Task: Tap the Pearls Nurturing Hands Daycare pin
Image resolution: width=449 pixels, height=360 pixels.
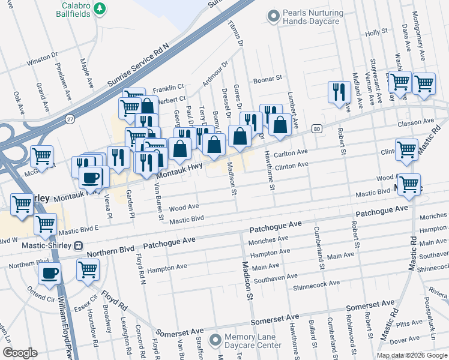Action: (274, 17)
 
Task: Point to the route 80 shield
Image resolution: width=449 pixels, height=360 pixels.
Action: (317, 129)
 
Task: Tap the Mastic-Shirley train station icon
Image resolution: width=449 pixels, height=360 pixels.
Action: (77, 246)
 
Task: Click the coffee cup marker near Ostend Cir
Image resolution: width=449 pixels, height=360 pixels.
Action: (50, 273)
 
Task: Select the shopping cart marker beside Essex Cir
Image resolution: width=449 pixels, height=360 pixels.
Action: (88, 270)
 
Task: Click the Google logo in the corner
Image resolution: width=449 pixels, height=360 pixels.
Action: (20, 353)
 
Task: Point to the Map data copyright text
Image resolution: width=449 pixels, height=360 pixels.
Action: (412, 355)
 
